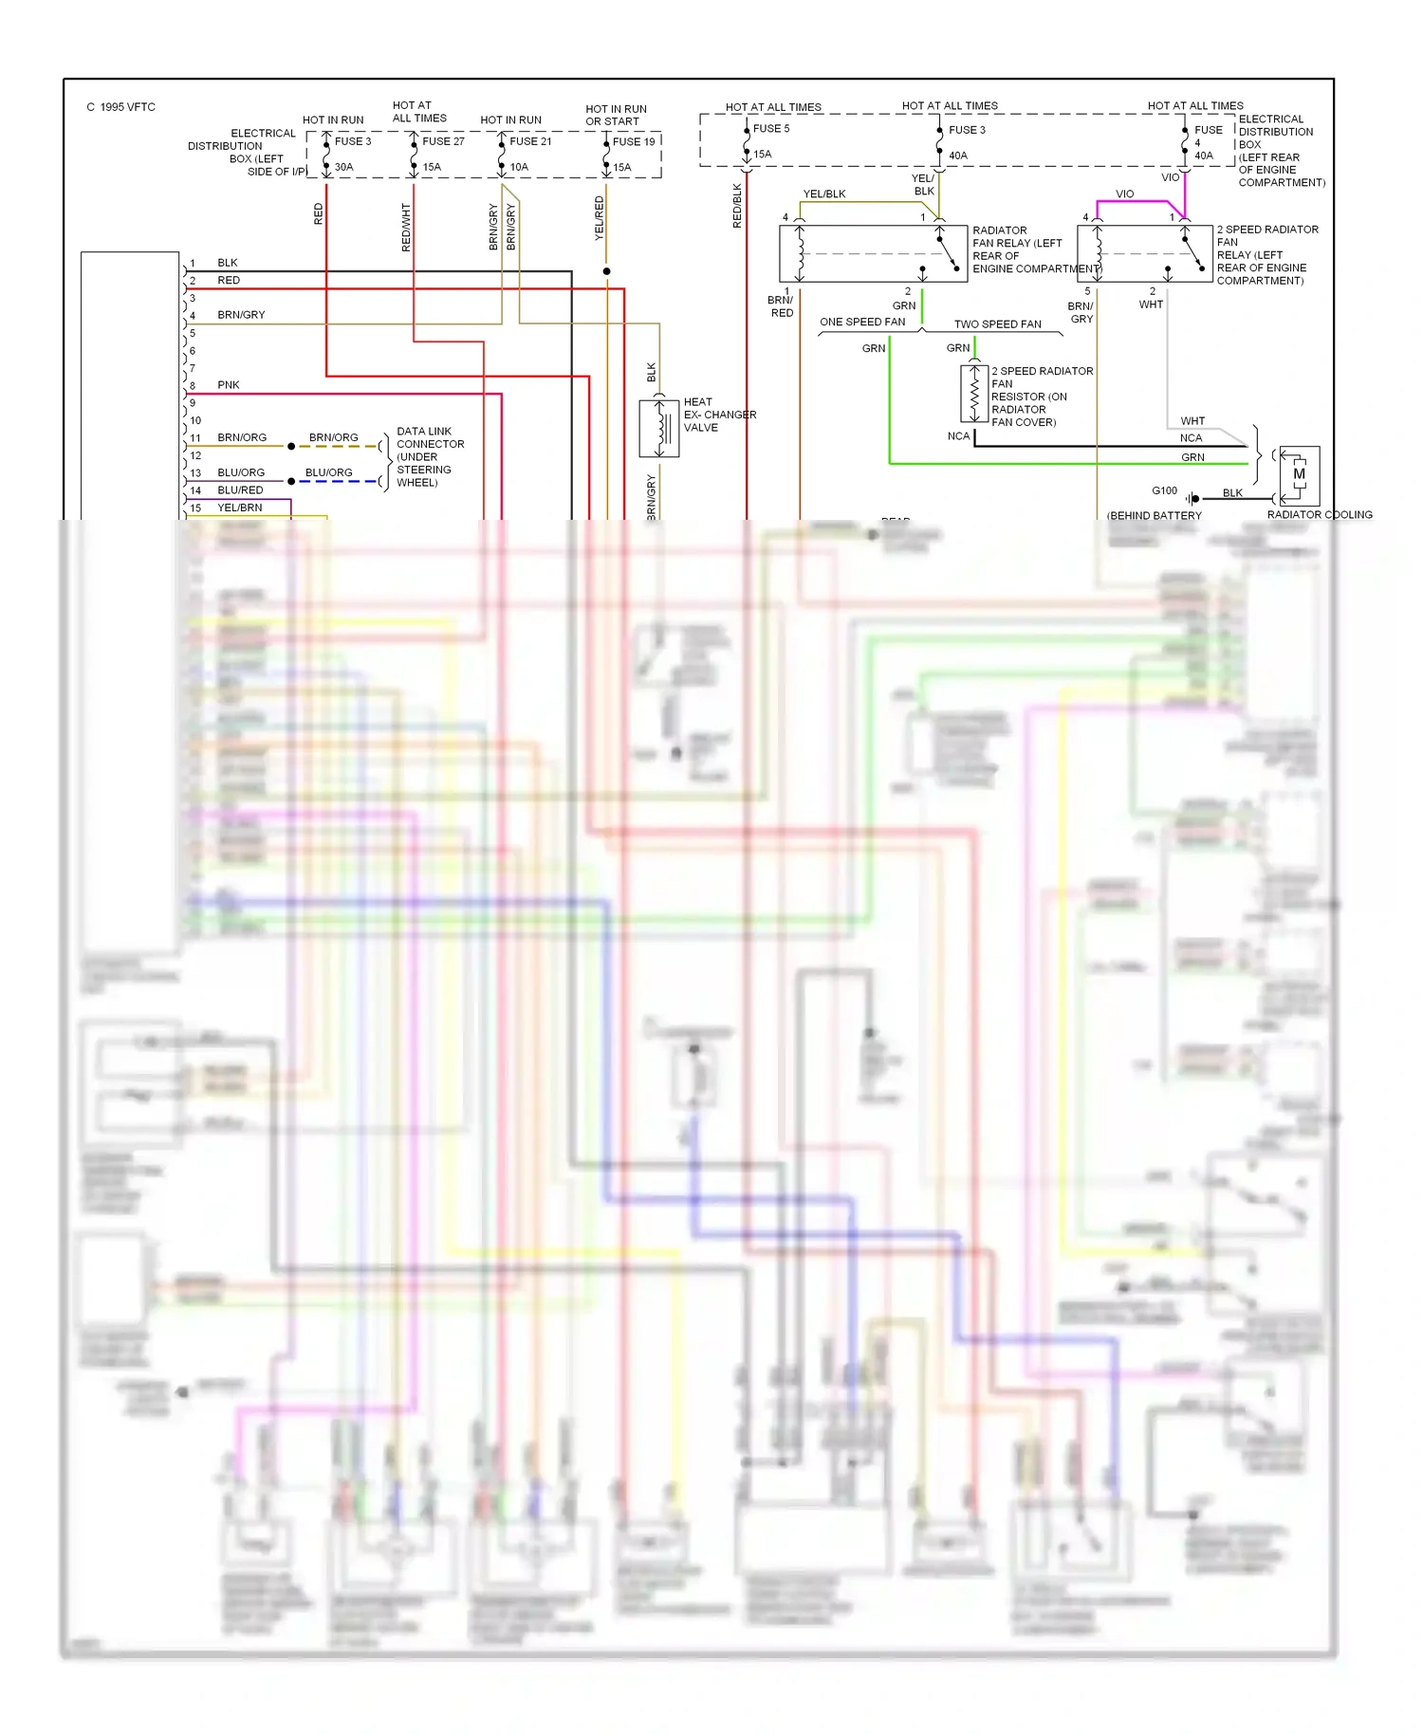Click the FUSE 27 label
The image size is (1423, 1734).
(443, 141)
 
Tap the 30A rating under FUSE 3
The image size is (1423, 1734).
(343, 167)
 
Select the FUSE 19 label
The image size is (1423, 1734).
(634, 142)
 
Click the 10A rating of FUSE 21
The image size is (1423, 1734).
(519, 167)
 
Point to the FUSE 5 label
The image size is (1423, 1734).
(771, 129)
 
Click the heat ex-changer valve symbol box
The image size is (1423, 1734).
(659, 429)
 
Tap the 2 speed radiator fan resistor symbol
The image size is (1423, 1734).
(974, 393)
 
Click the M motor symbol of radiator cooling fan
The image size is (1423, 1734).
(1299, 474)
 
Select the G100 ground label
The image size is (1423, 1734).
(1164, 490)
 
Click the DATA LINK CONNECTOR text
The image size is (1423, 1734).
(430, 437)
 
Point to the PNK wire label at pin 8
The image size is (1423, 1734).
(228, 385)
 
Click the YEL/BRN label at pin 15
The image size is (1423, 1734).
(239, 507)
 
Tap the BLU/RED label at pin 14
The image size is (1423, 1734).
(240, 490)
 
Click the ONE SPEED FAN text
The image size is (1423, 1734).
(862, 323)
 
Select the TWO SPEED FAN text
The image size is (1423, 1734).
(997, 324)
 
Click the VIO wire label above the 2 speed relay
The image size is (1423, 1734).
(1124, 194)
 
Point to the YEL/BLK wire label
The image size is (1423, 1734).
(823, 194)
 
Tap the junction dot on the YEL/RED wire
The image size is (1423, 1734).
(606, 271)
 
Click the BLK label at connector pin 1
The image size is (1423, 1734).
(227, 263)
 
